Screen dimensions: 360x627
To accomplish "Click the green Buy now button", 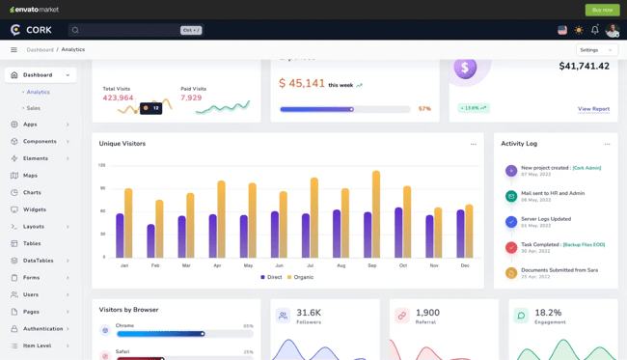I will coord(602,10).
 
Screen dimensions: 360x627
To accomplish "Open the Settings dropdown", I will coord(596,49).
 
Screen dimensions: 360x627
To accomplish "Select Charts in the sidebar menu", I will coord(32,192).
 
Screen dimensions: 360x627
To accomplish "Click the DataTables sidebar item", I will coord(39,261).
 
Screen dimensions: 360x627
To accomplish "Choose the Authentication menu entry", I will coord(42,328).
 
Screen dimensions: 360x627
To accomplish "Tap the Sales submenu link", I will coord(34,108).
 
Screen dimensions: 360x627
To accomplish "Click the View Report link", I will coord(593,109).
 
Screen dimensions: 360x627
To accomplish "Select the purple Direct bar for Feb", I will coord(150,241).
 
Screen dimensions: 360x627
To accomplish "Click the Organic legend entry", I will coord(300,277).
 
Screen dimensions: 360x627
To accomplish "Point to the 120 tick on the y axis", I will coord(101,165).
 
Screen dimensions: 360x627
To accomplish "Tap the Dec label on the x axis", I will coord(465,265).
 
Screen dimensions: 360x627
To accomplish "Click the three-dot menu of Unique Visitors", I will coord(474,144).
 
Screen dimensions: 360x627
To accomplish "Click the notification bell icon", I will coord(594,30).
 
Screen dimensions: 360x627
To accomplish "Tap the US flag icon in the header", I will coord(562,30).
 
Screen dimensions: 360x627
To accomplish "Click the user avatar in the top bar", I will coord(613,30).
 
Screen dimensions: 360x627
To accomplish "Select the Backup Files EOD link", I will coord(584,244).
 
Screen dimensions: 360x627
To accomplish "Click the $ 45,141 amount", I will coord(302,84).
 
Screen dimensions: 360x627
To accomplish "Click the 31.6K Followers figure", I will coord(309,313).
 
